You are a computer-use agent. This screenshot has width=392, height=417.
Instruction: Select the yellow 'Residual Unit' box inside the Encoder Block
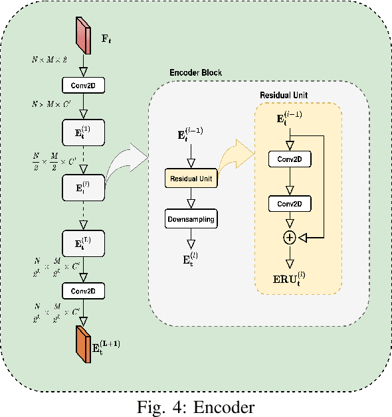tap(192, 179)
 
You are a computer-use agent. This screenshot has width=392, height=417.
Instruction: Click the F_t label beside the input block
tap(106, 38)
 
